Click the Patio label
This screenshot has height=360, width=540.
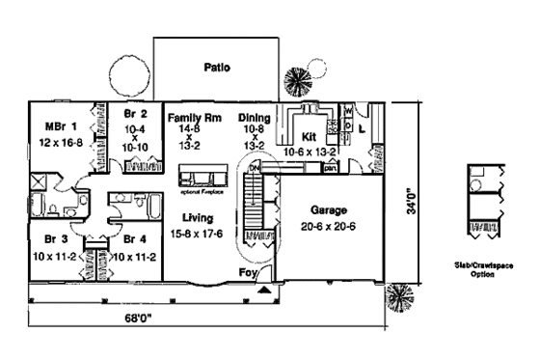click(215, 68)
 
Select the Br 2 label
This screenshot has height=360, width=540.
click(133, 112)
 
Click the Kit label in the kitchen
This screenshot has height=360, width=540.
click(310, 137)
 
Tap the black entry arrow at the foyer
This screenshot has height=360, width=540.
click(264, 288)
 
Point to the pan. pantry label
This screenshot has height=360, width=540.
click(330, 168)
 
